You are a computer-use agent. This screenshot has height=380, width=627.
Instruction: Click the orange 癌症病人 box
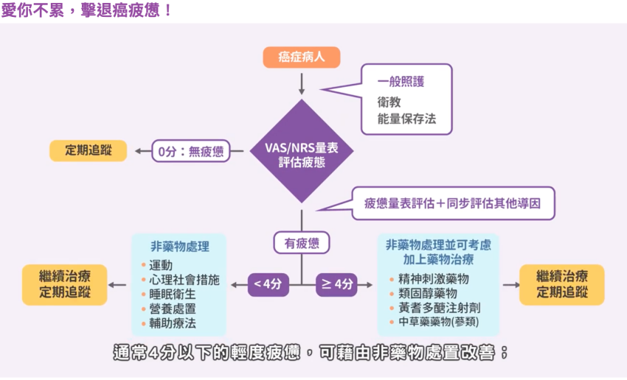[301, 57]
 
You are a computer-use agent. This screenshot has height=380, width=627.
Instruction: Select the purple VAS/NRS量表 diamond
[301, 152]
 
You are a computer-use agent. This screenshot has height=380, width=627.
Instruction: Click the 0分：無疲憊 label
[190, 151]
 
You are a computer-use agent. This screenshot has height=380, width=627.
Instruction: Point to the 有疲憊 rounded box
[301, 242]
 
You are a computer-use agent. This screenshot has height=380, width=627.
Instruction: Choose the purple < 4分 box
[268, 284]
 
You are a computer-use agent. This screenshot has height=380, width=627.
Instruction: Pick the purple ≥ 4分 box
[336, 284]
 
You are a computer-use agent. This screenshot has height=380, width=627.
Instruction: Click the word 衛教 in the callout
[389, 101]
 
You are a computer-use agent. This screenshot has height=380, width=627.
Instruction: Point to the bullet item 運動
[160, 265]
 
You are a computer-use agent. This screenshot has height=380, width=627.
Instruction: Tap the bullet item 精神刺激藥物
[433, 279]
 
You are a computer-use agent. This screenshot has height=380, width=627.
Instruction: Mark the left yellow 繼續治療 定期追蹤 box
[66, 284]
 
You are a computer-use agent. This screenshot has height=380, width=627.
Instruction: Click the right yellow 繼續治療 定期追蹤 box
[561, 284]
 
